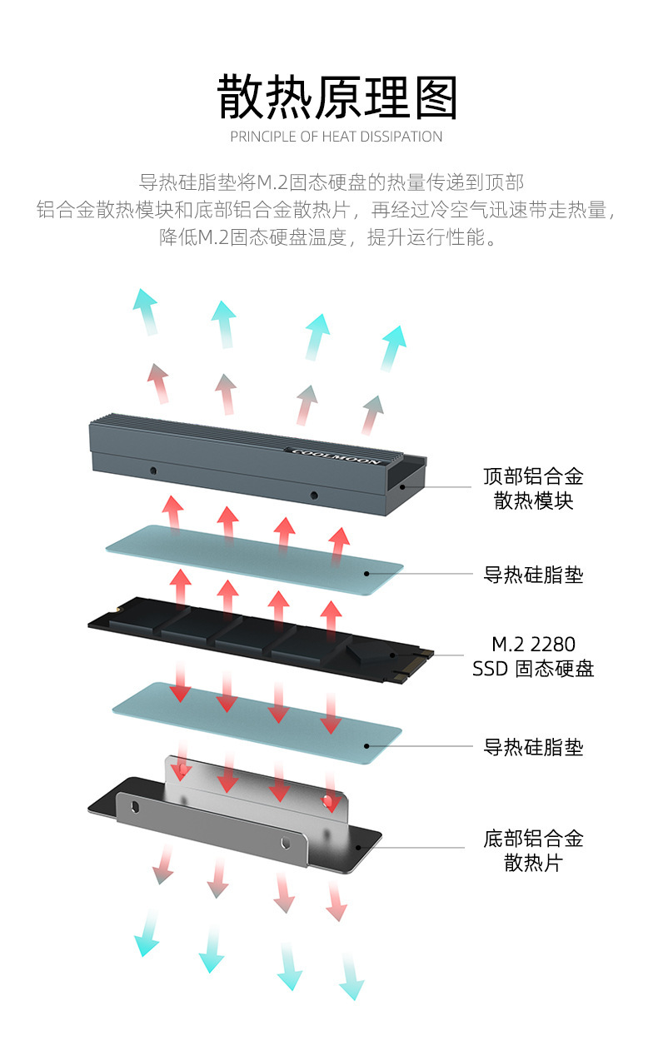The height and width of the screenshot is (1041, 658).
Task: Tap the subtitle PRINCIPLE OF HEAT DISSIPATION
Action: [x=336, y=137]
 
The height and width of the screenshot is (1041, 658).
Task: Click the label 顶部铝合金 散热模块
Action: [x=533, y=488]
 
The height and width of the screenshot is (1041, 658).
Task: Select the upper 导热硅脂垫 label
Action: [x=533, y=575]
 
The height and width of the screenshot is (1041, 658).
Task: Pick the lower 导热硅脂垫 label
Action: [x=533, y=747]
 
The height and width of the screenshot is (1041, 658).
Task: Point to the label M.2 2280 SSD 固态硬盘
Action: [x=533, y=656]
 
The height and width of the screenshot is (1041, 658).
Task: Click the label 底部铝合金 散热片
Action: [x=533, y=849]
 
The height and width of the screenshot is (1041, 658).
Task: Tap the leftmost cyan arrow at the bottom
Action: [x=147, y=933]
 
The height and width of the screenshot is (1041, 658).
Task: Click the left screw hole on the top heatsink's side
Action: [x=153, y=471]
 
